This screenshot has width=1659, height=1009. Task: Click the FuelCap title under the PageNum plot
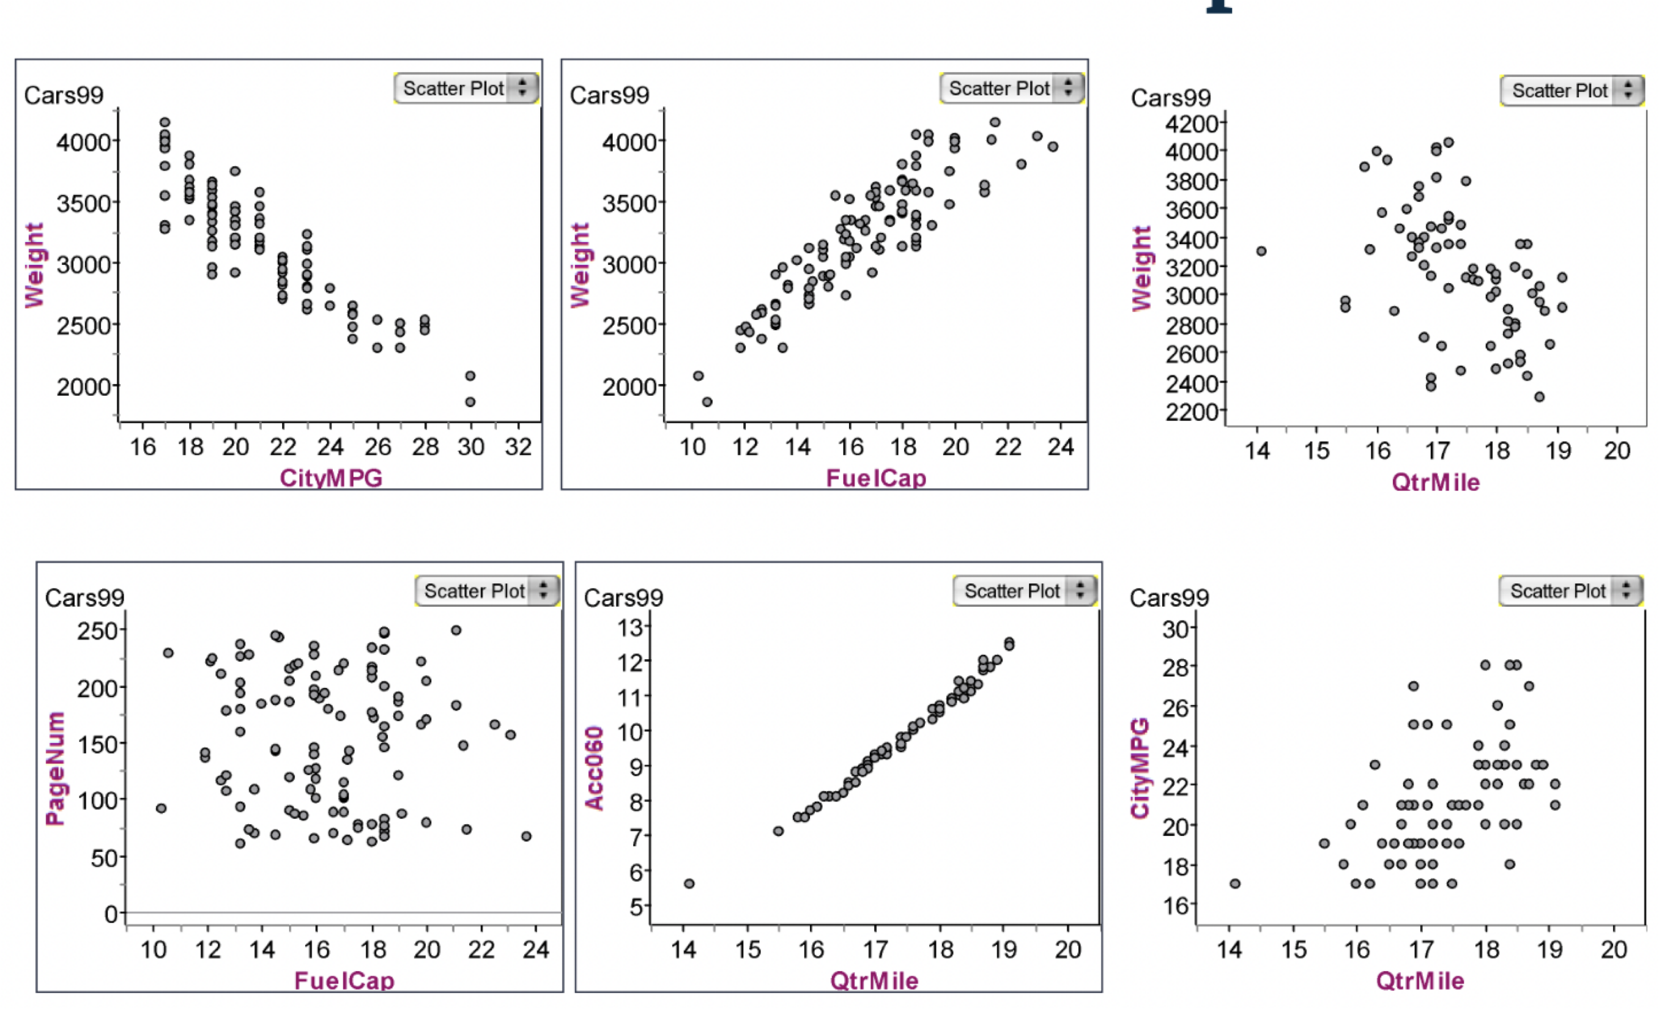[x=344, y=980]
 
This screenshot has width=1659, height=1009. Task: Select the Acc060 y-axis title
[x=594, y=767]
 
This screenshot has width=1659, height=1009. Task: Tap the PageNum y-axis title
[x=55, y=768]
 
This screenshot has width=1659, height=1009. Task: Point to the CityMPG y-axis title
[x=1139, y=768]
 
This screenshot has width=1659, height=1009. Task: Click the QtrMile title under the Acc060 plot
[x=874, y=980]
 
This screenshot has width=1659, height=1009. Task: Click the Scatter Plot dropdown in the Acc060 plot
[x=1025, y=591]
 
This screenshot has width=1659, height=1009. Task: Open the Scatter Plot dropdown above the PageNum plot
[x=487, y=591]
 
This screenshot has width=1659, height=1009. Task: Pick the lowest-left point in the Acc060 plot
[x=689, y=883]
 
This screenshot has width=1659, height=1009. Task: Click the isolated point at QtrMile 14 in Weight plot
[x=1261, y=251]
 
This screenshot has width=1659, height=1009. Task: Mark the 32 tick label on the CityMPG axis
[x=518, y=447]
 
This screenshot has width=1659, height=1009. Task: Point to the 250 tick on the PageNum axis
[x=98, y=630]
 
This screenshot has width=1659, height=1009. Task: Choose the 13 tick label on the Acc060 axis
[x=631, y=628]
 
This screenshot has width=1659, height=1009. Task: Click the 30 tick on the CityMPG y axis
[x=1176, y=629]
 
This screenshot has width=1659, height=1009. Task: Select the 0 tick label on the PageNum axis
[x=111, y=914]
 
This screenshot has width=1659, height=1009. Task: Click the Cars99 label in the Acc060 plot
[x=623, y=597]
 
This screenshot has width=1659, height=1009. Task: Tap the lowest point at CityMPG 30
[x=470, y=402]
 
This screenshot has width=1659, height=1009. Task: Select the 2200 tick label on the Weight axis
[x=1192, y=412]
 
